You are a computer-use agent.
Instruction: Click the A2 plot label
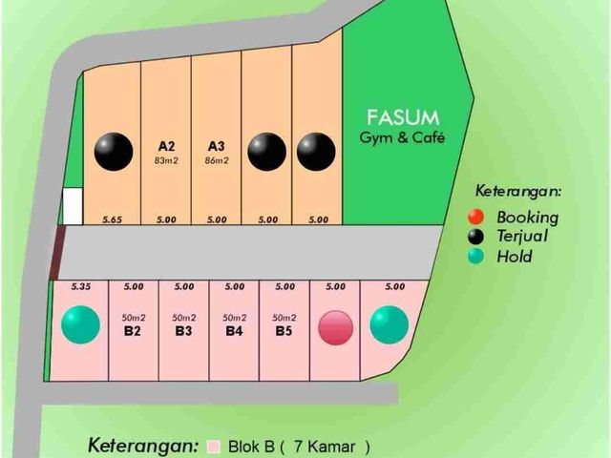[x=166, y=146]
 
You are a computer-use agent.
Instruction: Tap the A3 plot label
[x=217, y=146]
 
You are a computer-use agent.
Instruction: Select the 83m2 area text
[x=166, y=160]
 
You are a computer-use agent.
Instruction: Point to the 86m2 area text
[x=217, y=160]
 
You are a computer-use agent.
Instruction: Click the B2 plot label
[x=133, y=331]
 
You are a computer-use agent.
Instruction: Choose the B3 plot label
[x=183, y=331]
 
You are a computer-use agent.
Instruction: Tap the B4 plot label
[x=234, y=331]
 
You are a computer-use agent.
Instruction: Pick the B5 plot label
[x=284, y=331]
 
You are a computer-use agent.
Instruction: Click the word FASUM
[x=403, y=117]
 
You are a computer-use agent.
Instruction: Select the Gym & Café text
[x=402, y=137]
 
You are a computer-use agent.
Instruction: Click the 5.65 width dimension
[x=113, y=219]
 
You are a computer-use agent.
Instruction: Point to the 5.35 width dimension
[x=81, y=286]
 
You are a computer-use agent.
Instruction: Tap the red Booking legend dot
[x=475, y=217]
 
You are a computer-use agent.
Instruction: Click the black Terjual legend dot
[x=475, y=237]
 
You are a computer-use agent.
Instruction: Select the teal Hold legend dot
[x=475, y=257]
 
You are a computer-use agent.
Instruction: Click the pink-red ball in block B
[x=336, y=327]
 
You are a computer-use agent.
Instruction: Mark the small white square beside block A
[x=73, y=206]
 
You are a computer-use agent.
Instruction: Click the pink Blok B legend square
[x=214, y=447]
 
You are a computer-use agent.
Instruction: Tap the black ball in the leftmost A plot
[x=114, y=152]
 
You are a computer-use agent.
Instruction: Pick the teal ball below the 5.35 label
[x=80, y=324]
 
